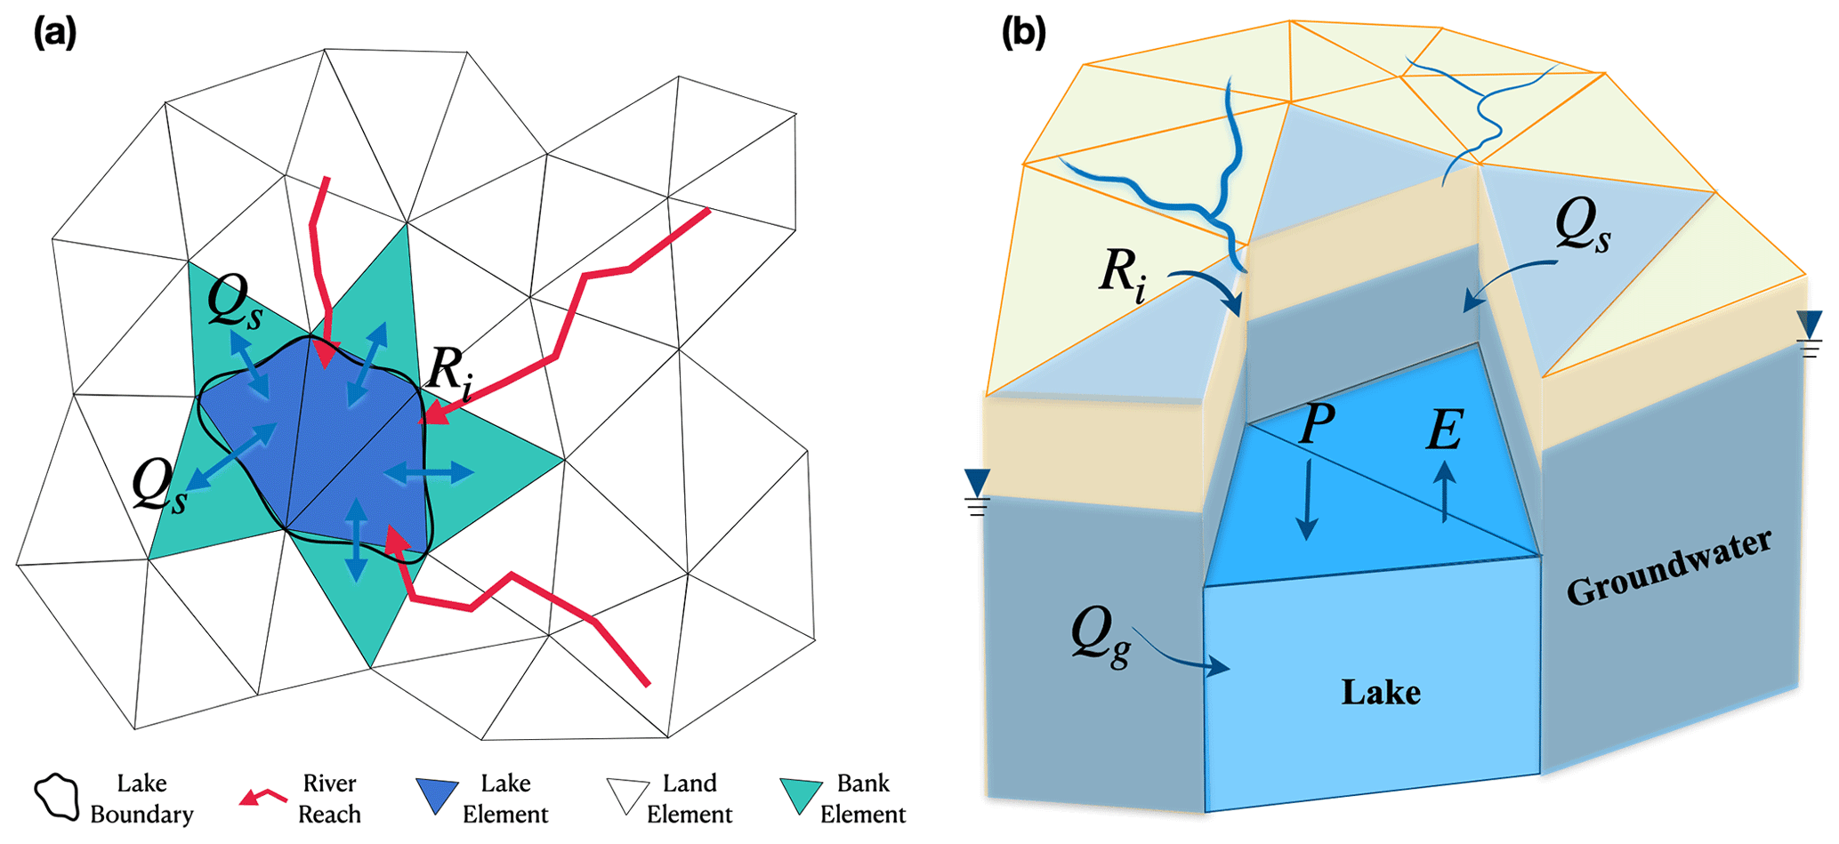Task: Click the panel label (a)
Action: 55,34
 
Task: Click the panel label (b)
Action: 1023,34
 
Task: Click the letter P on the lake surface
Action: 1317,425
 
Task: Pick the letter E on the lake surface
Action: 1444,431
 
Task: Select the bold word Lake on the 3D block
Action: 1381,692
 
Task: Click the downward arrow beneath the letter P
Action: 1307,500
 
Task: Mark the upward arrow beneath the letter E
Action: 1444,489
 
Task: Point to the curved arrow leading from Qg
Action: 1183,655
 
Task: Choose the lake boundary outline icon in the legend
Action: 57,798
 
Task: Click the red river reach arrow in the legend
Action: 263,797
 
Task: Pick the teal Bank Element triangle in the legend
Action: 801,795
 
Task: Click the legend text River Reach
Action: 329,799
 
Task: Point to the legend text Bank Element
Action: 862,799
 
